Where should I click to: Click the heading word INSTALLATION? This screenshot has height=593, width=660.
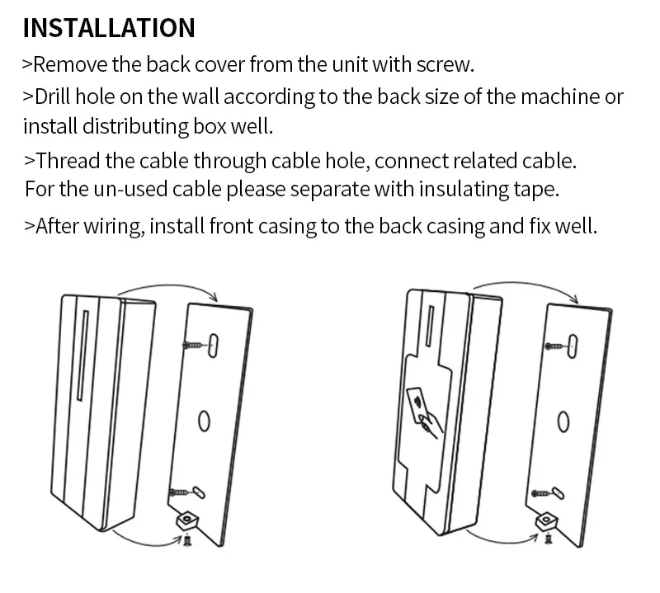click(109, 27)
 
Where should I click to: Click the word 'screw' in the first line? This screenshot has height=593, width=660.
click(446, 64)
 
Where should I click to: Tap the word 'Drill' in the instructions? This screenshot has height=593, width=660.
click(54, 96)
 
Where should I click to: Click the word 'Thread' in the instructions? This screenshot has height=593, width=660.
click(67, 159)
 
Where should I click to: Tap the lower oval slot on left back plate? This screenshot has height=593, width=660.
click(199, 491)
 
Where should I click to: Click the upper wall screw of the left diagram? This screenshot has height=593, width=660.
click(194, 343)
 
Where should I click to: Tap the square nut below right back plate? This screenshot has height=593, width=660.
click(544, 521)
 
